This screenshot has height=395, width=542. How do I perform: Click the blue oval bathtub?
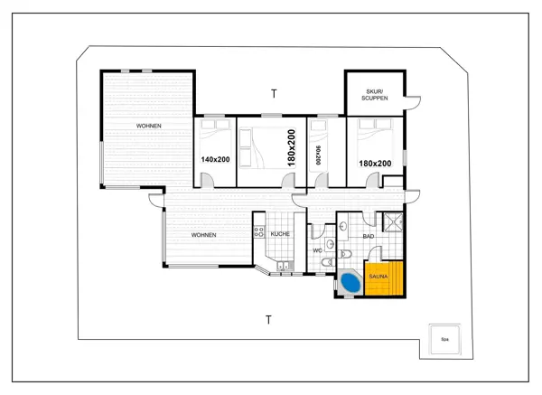click(349, 284)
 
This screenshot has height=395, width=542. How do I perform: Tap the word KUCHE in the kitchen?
click(280, 234)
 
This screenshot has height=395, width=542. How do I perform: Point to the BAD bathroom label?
click(368, 236)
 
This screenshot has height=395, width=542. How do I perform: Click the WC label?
click(317, 250)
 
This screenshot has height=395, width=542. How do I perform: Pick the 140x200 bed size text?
click(215, 159)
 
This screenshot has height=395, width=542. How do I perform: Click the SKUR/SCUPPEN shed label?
click(374, 94)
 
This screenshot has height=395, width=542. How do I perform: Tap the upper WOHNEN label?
click(149, 126)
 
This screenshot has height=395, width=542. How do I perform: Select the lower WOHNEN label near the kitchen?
click(203, 235)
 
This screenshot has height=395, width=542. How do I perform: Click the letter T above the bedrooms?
click(274, 93)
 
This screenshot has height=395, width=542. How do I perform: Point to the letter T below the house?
click(268, 320)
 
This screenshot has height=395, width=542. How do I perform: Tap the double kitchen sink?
click(284, 266)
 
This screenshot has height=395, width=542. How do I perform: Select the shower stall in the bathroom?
click(393, 223)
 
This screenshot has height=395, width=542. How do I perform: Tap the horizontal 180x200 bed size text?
click(375, 164)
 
